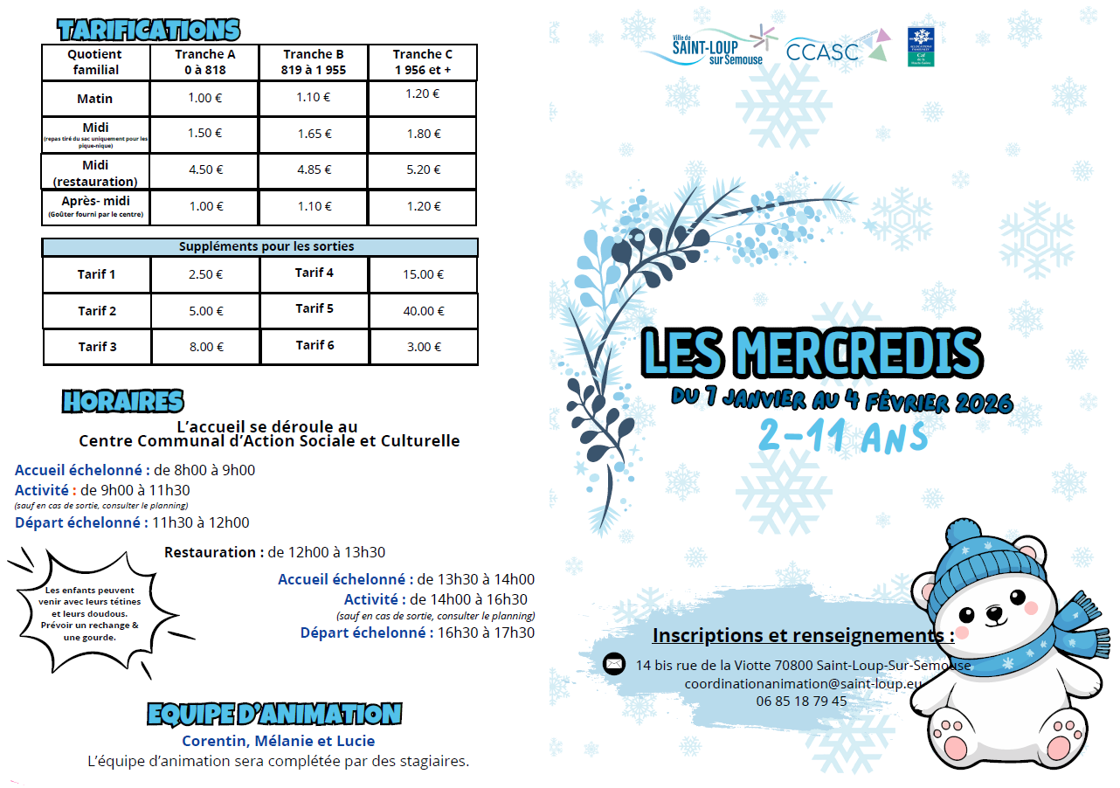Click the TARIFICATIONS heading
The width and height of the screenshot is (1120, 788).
(x=149, y=30)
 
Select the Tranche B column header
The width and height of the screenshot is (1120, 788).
(x=314, y=62)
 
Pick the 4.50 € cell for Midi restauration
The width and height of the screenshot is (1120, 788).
(x=206, y=170)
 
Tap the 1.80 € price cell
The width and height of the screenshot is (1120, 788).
(x=423, y=134)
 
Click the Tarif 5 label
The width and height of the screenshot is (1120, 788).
(x=315, y=308)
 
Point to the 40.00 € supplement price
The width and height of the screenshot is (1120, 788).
(x=423, y=311)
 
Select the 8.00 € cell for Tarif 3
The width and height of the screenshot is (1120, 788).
(x=206, y=347)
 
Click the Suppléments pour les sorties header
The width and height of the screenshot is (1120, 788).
(x=260, y=247)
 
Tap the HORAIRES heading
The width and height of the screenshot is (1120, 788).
(x=123, y=401)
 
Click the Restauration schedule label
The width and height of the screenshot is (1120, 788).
(x=213, y=552)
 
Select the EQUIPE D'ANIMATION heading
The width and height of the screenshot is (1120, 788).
(x=274, y=714)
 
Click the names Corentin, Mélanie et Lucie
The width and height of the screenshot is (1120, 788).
(x=278, y=741)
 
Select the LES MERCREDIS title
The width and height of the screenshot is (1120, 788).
(x=812, y=350)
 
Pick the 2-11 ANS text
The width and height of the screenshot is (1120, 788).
(x=841, y=434)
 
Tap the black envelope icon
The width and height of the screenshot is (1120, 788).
(x=614, y=664)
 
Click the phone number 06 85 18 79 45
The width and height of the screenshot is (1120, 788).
(x=801, y=701)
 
